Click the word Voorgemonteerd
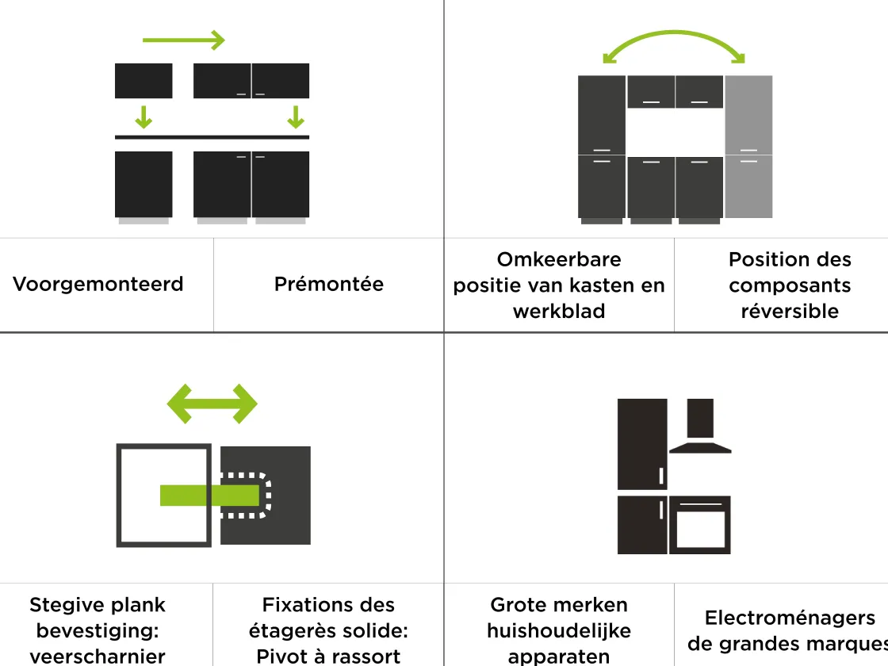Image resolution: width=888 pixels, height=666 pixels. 98,284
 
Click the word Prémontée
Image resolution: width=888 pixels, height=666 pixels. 328,284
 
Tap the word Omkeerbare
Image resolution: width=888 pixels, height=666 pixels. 558,259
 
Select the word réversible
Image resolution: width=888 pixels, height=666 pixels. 789,311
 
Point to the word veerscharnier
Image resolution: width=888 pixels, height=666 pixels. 98,656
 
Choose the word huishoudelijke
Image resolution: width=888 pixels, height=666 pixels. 558,630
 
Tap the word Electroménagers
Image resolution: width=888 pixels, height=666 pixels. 789,618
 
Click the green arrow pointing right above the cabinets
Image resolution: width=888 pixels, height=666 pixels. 184,40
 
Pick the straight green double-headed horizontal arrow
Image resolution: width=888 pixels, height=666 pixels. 212,404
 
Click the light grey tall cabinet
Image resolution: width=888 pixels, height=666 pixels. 748,147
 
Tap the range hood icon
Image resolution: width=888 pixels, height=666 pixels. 700,428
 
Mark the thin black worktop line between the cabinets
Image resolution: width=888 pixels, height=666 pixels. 212,137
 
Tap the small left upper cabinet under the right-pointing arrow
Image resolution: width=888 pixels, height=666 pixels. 144,81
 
